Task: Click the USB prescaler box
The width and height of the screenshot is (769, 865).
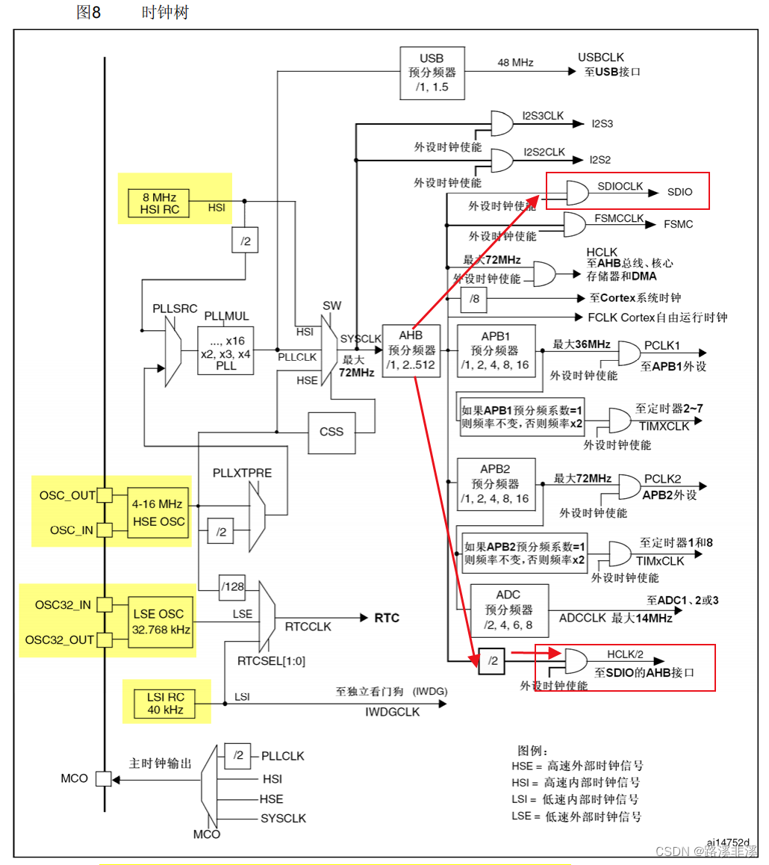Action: (432, 72)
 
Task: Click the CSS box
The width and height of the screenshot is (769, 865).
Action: (331, 432)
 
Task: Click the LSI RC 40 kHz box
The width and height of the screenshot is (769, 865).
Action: (164, 702)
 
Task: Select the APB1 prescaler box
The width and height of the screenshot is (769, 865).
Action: (495, 351)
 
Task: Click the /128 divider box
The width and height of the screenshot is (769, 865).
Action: (232, 586)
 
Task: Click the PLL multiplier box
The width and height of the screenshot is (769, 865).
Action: (225, 350)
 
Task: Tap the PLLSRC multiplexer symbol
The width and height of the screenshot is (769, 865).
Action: (172, 349)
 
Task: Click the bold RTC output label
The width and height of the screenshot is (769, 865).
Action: (386, 618)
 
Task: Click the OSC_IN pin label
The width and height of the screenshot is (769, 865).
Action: (72, 530)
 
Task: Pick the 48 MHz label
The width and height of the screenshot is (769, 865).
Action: (515, 63)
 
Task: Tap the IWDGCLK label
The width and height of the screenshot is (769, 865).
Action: (393, 712)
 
